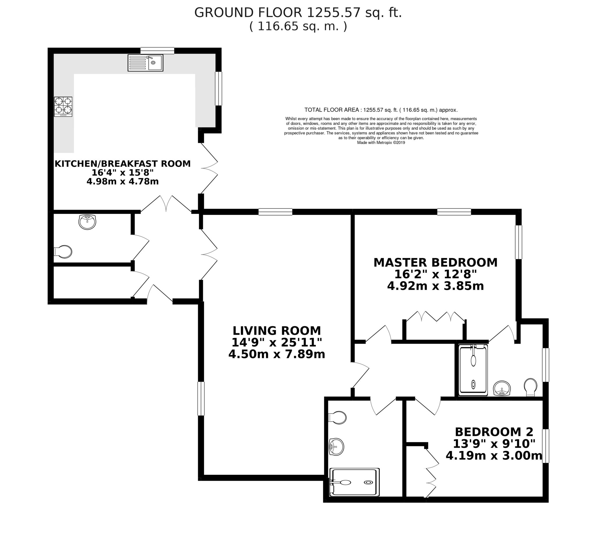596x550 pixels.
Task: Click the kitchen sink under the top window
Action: (x=146, y=63)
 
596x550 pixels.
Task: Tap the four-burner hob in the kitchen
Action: (x=63, y=107)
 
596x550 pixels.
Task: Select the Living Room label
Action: (x=276, y=331)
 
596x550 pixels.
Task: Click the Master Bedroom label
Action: (x=435, y=263)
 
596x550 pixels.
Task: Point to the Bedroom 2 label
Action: (x=494, y=431)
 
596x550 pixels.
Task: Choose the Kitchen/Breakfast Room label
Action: (x=123, y=164)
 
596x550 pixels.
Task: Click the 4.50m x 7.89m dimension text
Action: (x=276, y=354)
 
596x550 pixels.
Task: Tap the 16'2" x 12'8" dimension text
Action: (x=435, y=274)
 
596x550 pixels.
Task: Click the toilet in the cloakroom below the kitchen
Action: (x=63, y=252)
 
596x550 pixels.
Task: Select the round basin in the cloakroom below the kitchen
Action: (x=87, y=222)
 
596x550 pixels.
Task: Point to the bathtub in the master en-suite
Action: (x=473, y=370)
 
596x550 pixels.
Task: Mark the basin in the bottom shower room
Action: (x=336, y=447)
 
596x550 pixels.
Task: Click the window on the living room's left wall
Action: (x=201, y=399)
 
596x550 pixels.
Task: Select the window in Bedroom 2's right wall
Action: (x=545, y=446)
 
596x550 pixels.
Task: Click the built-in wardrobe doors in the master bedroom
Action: (x=435, y=317)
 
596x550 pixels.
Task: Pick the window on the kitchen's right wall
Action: (x=218, y=89)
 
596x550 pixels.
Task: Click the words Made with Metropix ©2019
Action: (x=381, y=143)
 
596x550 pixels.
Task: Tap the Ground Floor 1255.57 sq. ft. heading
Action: (x=298, y=13)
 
